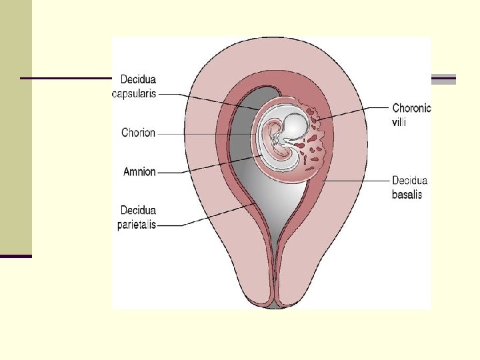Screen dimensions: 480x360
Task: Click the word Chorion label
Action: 138,133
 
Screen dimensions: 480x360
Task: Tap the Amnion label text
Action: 139,171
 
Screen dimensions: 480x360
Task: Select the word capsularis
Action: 134,94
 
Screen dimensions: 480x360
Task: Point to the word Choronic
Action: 411,107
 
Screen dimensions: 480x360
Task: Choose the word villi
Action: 399,121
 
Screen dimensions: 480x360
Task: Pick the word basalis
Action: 407,195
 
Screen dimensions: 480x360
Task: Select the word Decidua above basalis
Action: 410,181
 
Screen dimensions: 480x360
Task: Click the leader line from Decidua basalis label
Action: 353,181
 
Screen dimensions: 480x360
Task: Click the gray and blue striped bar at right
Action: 444,79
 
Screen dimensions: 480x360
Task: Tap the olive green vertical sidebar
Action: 15,127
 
